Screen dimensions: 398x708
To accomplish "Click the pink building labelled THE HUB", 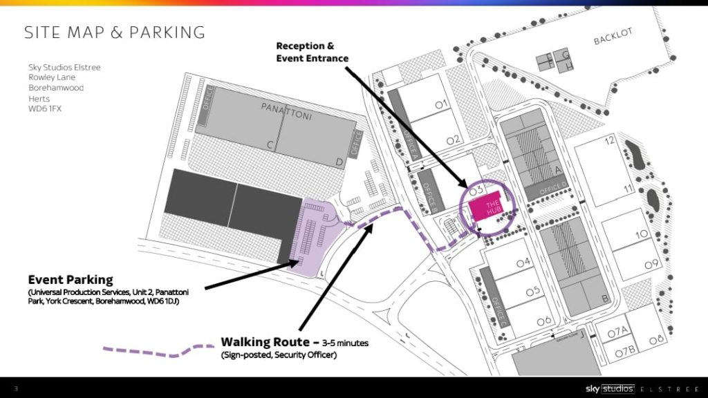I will coord(487,207).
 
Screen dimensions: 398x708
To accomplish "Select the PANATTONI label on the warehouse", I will coord(286,112).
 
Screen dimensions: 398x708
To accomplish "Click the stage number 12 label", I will coord(609,141).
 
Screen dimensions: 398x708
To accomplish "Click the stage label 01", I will coord(442,104).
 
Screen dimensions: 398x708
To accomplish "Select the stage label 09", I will coord(651,265).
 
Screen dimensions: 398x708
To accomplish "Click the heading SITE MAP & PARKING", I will coord(115,32).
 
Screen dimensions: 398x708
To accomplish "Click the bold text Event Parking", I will coord(70,280).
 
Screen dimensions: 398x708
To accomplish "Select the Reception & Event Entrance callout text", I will coord(312,52).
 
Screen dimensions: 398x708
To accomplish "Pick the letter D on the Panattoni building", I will coord(339,162).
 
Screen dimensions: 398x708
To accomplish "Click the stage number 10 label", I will coord(642,234).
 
